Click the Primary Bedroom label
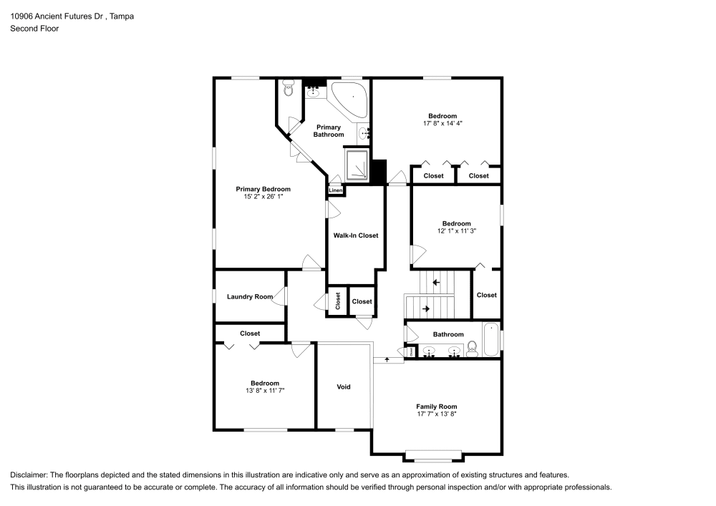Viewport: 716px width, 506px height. coord(263,189)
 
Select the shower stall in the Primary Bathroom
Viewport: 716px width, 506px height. coord(357,165)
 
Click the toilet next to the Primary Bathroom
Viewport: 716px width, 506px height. coord(288,88)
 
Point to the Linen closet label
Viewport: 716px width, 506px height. coord(336,190)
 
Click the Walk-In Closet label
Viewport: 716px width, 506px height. coord(356,235)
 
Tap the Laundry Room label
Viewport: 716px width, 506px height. coord(250,296)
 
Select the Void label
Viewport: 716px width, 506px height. coord(344,387)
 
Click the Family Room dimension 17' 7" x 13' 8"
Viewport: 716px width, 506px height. coord(437,414)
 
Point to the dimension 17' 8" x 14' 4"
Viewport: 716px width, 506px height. coord(443,123)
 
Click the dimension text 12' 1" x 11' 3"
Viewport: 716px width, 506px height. coord(457,231)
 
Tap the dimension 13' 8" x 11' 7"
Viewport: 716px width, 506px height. coord(265,391)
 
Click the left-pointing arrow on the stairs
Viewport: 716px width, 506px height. coord(436,283)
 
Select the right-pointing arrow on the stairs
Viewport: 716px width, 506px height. coord(426,309)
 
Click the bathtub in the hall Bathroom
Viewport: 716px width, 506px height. coord(491,339)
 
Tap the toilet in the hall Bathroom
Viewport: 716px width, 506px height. coord(472,349)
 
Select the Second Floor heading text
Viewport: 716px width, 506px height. coord(34,29)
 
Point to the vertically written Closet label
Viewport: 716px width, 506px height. coord(338,301)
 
